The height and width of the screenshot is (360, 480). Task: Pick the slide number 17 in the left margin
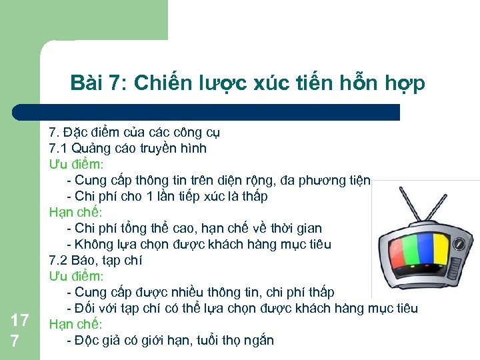click(19, 321)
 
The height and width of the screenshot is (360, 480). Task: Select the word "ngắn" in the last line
click(258, 340)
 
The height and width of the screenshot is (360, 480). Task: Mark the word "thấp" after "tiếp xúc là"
click(253, 196)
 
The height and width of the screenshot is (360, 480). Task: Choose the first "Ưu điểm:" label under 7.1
click(75, 164)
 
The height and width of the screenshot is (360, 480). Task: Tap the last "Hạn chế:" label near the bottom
click(75, 324)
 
